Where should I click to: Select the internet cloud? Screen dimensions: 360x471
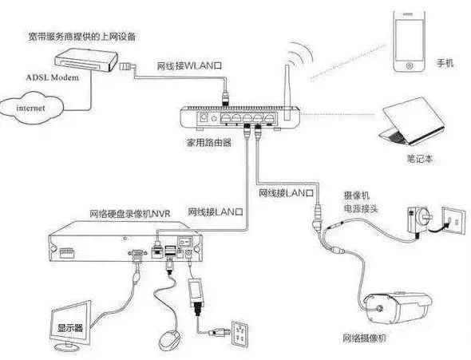pyautogui.click(x=33, y=105)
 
